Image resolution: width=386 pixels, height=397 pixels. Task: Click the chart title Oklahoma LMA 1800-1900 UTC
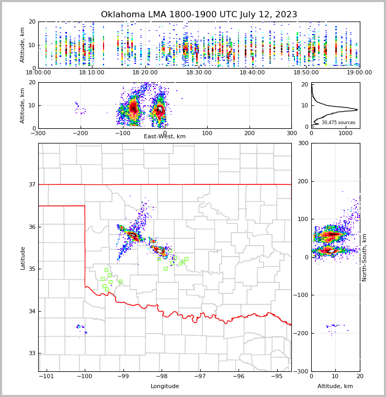click(x=199, y=15)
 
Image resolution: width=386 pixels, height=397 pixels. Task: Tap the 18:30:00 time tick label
click(x=199, y=73)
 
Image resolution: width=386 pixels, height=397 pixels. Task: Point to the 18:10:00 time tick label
click(x=92, y=73)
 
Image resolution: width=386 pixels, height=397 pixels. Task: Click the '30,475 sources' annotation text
click(x=338, y=123)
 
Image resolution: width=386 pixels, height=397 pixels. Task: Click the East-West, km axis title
click(x=165, y=137)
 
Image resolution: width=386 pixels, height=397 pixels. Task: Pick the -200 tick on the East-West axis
click(x=80, y=133)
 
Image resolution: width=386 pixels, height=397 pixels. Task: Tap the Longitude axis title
click(x=165, y=387)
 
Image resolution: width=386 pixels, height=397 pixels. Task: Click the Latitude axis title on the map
click(x=22, y=258)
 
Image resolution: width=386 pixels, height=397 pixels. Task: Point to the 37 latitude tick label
click(x=31, y=184)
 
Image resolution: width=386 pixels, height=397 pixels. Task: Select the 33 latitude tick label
click(x=31, y=354)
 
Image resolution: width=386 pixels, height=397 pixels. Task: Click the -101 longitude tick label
click(x=47, y=376)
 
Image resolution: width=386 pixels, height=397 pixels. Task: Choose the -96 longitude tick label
click(x=239, y=376)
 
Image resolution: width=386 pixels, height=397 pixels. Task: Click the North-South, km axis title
click(x=365, y=257)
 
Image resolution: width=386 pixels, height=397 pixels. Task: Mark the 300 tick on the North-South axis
click(x=303, y=143)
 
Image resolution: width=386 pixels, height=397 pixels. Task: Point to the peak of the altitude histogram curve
click(x=357, y=109)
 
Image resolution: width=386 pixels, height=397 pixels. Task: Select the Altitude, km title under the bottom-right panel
click(x=335, y=387)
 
